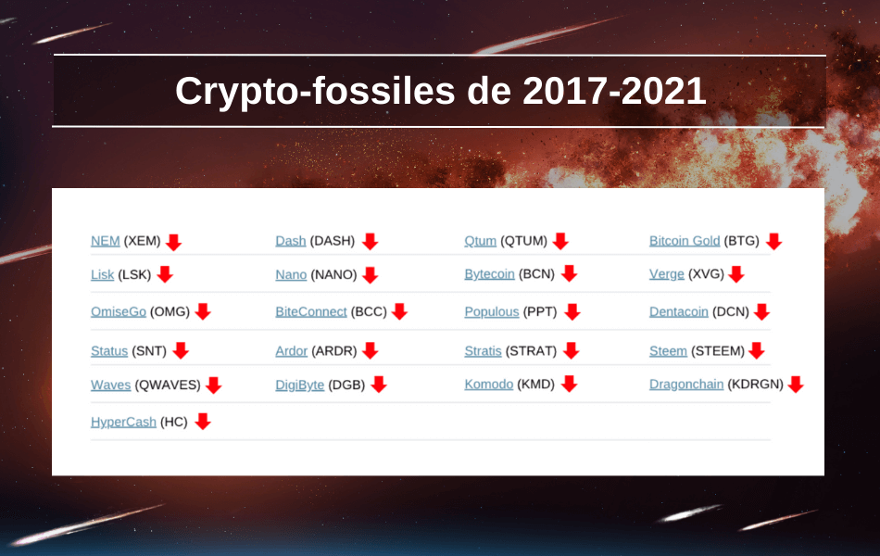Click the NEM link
(105, 241)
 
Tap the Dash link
(290, 241)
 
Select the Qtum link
(480, 241)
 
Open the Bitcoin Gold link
(685, 241)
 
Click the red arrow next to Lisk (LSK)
(165, 274)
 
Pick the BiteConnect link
(311, 311)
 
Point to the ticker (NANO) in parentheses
(333, 274)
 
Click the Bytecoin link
(489, 274)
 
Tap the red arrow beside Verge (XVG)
(736, 274)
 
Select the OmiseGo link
(119, 311)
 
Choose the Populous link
(492, 311)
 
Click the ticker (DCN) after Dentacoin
(731, 311)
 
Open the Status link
(109, 351)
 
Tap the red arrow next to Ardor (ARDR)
(370, 350)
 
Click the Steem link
(668, 351)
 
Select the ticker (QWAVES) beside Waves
(168, 385)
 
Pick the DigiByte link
(300, 385)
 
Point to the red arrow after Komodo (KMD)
(569, 385)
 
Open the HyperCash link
(123, 422)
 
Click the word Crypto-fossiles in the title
(315, 91)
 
